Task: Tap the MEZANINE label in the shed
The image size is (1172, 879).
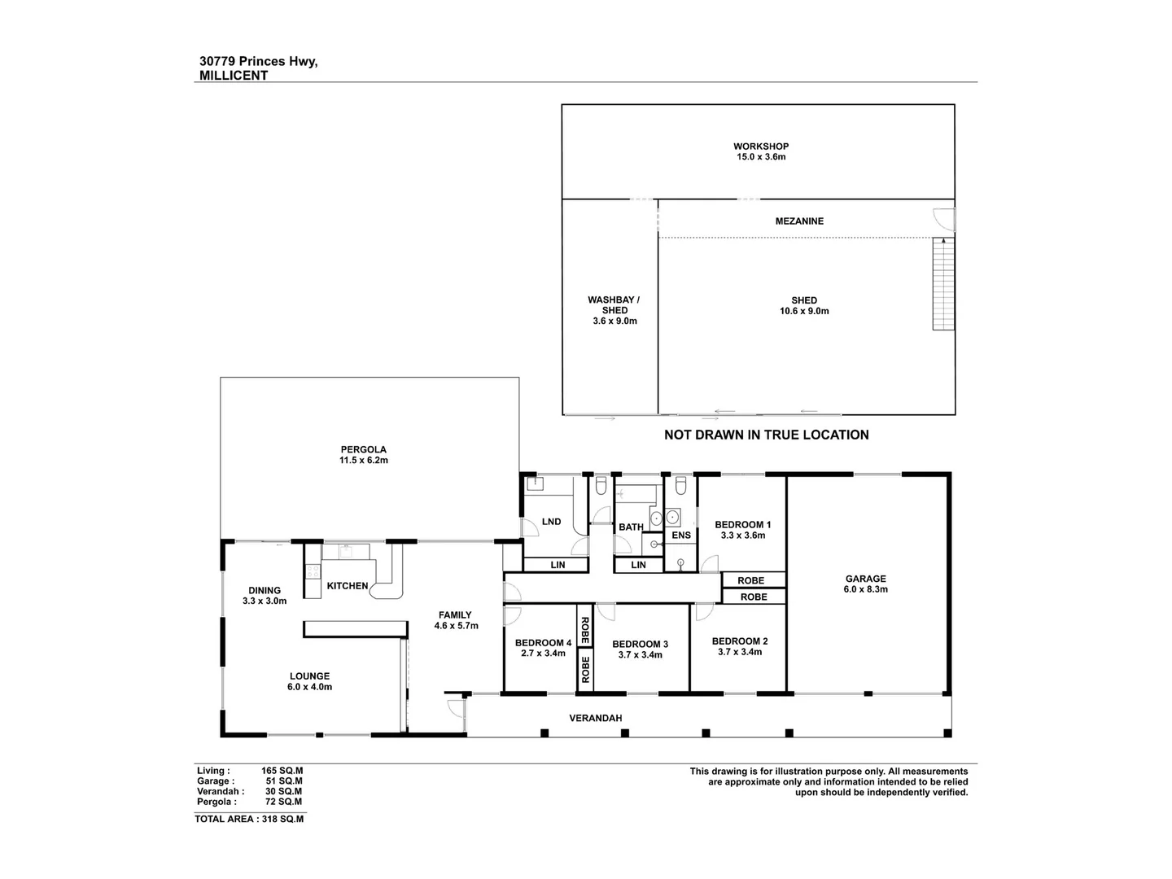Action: click(x=798, y=221)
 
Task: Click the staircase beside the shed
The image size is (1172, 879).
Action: click(x=942, y=284)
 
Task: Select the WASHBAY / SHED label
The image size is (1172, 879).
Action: click(x=614, y=310)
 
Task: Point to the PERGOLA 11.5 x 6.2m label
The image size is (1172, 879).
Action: click(x=363, y=454)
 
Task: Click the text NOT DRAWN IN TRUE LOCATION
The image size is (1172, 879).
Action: click(x=766, y=435)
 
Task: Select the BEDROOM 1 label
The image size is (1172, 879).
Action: click(x=742, y=525)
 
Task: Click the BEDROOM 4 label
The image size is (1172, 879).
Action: click(x=543, y=642)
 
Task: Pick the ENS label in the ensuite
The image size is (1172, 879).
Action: click(x=681, y=535)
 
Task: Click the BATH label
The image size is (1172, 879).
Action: click(x=631, y=527)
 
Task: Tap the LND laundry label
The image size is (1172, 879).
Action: click(x=551, y=522)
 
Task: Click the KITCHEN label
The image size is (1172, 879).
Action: click(x=348, y=586)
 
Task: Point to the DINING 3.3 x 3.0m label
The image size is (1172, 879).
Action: click(x=265, y=596)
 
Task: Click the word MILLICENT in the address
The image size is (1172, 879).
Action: click(x=234, y=76)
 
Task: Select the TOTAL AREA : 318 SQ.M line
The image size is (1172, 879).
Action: click(x=249, y=820)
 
